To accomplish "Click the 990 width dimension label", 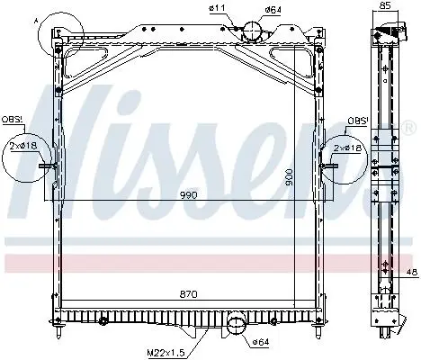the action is [x=189, y=195].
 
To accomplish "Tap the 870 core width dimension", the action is [x=189, y=294].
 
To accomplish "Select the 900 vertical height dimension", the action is [x=289, y=177].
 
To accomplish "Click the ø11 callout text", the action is [x=217, y=8].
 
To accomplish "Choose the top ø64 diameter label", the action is [x=273, y=9].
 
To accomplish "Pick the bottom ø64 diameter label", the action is [x=261, y=342].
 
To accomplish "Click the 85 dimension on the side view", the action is [x=386, y=5].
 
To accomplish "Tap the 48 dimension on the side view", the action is [x=413, y=273].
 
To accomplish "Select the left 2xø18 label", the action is [x=23, y=146].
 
